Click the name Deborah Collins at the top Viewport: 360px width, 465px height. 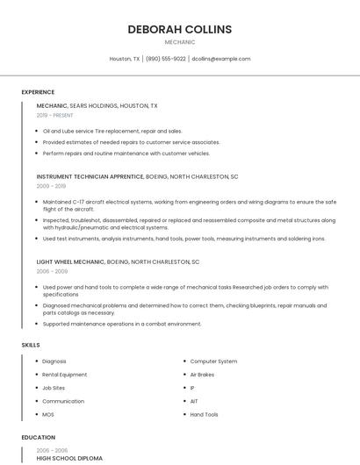(179, 29)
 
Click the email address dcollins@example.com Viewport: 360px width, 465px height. (220, 59)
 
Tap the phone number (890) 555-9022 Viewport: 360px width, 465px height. (165, 59)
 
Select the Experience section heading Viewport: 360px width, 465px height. (38, 92)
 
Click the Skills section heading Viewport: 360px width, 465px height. (31, 345)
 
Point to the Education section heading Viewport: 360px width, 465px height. (39, 437)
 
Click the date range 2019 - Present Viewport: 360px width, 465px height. (55, 115)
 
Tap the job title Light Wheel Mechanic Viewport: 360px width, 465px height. (70, 261)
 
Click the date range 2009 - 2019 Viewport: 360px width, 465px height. (51, 186)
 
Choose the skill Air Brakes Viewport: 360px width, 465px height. (203, 375)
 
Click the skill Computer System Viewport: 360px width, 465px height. (213, 361)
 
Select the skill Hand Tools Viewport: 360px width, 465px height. (204, 414)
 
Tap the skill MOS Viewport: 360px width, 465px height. (47, 414)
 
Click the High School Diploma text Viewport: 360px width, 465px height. (69, 458)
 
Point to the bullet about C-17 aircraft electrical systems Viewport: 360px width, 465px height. (189, 204)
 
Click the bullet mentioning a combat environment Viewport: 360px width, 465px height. (122, 324)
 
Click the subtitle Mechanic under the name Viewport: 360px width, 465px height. (179, 42)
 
